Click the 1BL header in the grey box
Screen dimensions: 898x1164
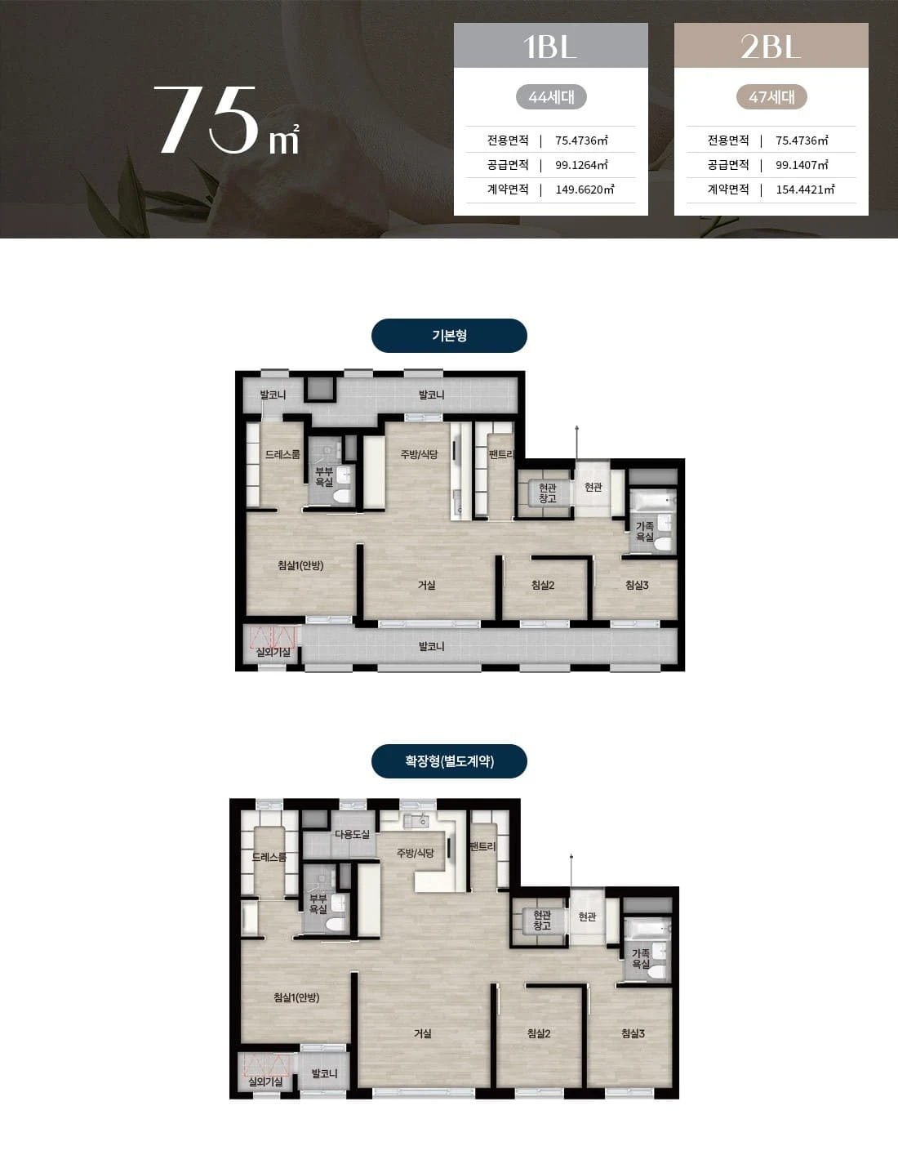550,47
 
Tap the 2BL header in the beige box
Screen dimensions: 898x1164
771,47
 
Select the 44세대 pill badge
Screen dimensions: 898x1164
551,97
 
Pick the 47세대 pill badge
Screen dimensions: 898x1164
771,97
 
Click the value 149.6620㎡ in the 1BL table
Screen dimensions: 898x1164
585,190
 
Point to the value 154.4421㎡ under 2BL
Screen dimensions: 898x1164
805,190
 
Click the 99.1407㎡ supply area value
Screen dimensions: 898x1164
802,165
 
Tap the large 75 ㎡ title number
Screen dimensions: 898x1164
227,120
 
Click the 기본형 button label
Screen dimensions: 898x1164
450,336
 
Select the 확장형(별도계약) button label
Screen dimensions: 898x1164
450,761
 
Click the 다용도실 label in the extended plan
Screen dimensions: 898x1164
352,834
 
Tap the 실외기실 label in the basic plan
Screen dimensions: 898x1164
273,652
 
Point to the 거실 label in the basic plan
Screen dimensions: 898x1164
426,585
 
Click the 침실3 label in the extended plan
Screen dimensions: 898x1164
633,1033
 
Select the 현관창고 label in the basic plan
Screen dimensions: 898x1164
548,493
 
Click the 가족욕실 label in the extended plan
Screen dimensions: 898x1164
641,958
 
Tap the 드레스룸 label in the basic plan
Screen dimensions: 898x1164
282,454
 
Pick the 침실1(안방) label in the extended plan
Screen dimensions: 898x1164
296,997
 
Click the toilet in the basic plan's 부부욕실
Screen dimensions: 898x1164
343,496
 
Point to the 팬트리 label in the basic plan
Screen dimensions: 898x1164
501,455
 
